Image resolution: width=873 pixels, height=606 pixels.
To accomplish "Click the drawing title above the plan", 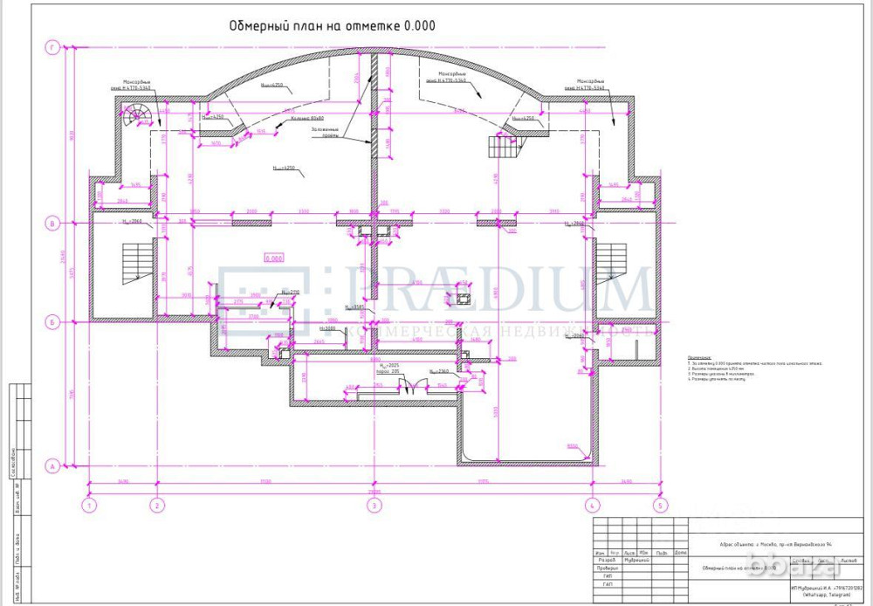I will pos(332,26).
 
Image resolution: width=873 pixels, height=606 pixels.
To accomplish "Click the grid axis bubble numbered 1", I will pos(88,505).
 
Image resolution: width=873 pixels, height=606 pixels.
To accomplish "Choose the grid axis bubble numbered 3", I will pos(373,505).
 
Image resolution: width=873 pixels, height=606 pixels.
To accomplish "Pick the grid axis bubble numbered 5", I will pos(660,505).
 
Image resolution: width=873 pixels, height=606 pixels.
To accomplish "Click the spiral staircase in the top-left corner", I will pos(136,115).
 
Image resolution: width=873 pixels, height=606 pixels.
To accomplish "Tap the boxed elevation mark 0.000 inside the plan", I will pos(274,258).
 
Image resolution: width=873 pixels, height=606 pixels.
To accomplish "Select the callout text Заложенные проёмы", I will pos(326,133).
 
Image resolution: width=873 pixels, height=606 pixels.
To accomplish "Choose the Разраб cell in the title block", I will pos(601,561).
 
